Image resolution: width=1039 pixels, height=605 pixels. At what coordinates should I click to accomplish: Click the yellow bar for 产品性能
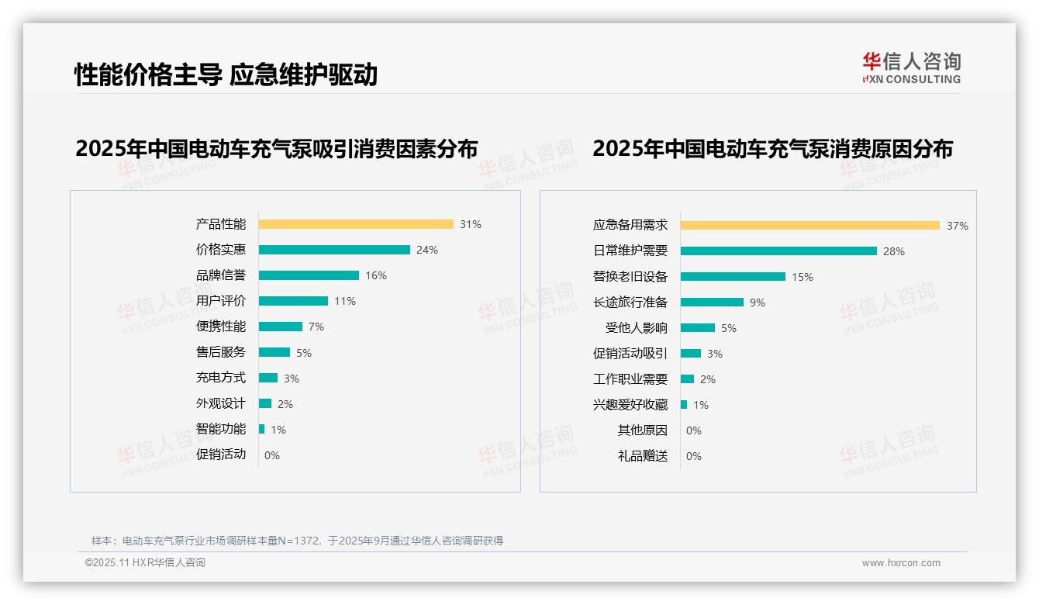click(x=356, y=224)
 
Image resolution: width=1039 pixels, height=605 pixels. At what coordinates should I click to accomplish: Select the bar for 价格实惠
click(x=334, y=250)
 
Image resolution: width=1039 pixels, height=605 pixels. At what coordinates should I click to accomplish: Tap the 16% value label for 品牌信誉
click(x=376, y=275)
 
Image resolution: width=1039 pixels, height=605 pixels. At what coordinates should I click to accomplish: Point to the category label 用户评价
click(x=220, y=301)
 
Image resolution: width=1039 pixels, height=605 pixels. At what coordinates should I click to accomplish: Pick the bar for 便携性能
click(x=281, y=327)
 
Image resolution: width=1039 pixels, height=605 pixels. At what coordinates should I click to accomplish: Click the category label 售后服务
click(x=220, y=352)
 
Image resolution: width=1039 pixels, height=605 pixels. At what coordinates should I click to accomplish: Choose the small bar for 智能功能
click(x=262, y=429)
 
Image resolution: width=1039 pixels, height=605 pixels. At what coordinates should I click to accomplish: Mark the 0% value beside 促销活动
click(x=272, y=455)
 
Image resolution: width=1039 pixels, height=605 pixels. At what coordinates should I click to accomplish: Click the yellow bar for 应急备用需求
click(x=810, y=225)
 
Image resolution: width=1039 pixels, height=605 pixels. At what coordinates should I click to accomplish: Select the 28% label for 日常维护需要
click(x=893, y=251)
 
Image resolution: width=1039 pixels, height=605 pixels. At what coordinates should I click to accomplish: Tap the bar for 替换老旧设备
click(x=733, y=277)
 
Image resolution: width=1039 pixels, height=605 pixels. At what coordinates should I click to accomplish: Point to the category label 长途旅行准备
click(x=630, y=302)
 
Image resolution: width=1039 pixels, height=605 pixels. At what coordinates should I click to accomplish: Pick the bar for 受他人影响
click(x=698, y=328)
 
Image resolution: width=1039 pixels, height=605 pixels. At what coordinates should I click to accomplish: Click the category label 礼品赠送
click(x=642, y=456)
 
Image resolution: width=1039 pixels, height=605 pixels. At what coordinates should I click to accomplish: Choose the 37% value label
click(x=957, y=226)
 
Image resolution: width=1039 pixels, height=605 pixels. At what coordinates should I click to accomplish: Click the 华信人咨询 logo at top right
click(x=911, y=68)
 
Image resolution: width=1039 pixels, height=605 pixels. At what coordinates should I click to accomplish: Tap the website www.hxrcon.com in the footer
click(x=901, y=563)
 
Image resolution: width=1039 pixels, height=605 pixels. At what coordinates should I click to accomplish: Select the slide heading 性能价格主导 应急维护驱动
click(x=226, y=74)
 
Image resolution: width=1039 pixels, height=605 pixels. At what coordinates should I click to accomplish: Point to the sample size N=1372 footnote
click(x=297, y=541)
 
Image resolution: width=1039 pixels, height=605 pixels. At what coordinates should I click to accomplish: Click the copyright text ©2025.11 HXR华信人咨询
click(x=145, y=563)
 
